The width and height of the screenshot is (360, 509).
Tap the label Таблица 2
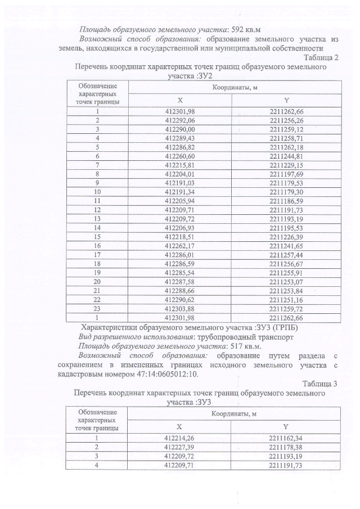point(321,57)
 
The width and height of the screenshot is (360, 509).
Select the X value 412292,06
point(180,120)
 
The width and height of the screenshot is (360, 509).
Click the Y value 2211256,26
point(286,120)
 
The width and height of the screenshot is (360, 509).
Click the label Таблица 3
point(321,384)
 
